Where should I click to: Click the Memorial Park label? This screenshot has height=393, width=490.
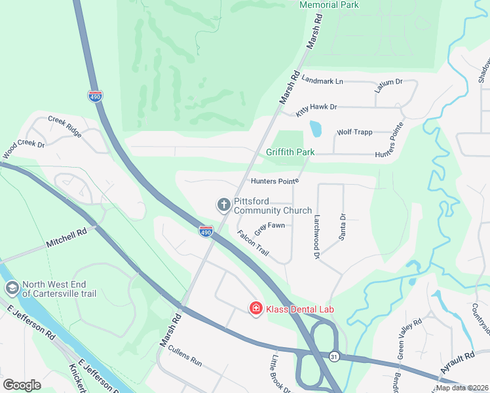tap(329, 5)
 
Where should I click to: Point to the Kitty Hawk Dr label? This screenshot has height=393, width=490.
tap(316, 109)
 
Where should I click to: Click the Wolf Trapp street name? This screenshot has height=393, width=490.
tap(354, 132)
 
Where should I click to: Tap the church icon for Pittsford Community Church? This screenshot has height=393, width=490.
tap(223, 205)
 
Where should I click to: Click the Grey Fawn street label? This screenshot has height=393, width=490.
tap(269, 228)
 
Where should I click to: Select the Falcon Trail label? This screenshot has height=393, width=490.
tap(253, 243)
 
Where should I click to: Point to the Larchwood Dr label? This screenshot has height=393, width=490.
tap(316, 236)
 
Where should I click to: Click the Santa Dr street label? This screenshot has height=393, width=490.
tap(342, 227)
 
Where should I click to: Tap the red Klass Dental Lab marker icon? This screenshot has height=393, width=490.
tap(255, 308)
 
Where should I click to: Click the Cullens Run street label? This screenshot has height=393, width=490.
tap(185, 358)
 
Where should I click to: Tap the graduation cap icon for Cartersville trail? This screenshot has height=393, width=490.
tap(12, 288)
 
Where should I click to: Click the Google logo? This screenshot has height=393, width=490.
tap(22, 384)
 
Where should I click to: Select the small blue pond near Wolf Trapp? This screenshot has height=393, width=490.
tap(316, 128)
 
